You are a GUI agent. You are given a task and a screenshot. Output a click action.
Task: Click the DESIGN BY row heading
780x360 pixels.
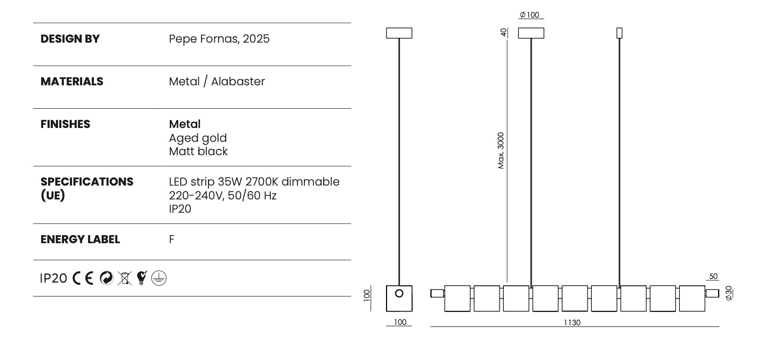[70, 39]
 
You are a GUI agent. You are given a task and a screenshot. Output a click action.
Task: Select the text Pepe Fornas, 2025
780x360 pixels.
[219, 39]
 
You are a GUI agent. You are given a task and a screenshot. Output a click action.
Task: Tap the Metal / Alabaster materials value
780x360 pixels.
[216, 82]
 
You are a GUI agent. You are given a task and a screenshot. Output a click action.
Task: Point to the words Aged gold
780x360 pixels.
[198, 138]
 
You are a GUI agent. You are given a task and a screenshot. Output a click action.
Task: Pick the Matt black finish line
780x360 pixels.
[198, 151]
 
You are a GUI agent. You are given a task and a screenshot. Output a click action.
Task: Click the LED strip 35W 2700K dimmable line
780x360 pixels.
[254, 181]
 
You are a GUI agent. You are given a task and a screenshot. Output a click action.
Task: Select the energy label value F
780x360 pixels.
[172, 239]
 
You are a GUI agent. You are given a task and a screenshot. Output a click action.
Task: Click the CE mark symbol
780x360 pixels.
[83, 278]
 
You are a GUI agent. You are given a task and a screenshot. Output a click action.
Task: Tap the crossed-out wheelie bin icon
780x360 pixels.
[125, 278]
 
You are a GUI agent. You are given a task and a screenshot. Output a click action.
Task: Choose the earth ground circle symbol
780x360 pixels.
[159, 278]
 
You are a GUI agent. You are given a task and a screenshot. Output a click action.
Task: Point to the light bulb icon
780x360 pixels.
[142, 278]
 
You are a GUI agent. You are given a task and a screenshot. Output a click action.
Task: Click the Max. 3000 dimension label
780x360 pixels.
[501, 150]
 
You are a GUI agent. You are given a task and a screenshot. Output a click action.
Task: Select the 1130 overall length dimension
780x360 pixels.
[572, 323]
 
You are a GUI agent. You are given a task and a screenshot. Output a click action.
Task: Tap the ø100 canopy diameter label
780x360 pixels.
[529, 15]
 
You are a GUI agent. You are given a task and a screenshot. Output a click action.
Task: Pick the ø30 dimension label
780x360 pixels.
[729, 293]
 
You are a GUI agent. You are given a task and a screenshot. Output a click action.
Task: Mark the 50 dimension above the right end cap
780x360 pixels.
[713, 276]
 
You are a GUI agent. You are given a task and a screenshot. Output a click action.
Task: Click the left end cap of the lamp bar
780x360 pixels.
[437, 293]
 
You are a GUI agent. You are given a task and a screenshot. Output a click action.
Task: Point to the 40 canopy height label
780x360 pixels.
[503, 33]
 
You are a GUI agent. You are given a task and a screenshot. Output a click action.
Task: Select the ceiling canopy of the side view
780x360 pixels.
[399, 33]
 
